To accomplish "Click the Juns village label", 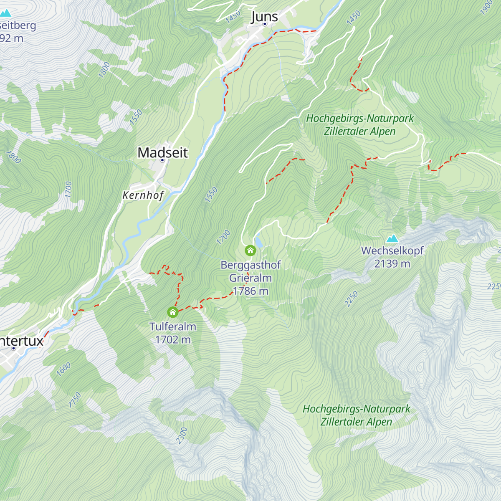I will [264, 17].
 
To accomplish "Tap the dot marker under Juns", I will [264, 24].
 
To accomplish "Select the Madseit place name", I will [163, 152].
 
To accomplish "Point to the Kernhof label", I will [143, 195].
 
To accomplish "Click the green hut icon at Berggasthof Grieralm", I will [250, 250].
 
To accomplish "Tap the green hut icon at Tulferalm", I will [172, 312].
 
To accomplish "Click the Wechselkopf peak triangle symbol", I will [392, 238].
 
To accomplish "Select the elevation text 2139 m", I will [392, 263].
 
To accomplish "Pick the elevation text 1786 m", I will [250, 291].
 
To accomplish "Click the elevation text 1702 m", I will [173, 339].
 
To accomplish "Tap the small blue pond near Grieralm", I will [259, 242].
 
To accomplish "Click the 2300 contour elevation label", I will [182, 435].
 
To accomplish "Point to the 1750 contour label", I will [75, 400].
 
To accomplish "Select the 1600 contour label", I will [63, 369].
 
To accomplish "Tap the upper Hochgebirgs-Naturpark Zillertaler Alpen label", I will [360, 124].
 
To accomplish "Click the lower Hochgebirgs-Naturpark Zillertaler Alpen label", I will [357, 415].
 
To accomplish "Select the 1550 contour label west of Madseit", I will [136, 117].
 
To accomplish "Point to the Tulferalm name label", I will [173, 326].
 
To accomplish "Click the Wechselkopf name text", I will [392, 250].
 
